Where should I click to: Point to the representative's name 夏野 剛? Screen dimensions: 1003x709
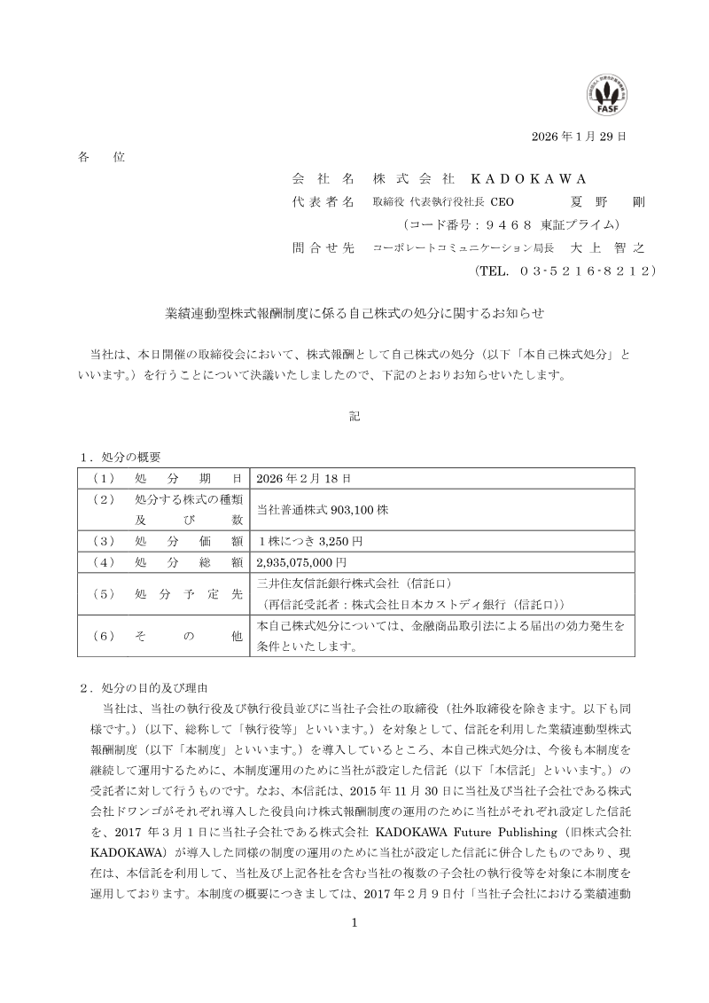609,200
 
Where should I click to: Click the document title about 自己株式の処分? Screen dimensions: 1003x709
354,313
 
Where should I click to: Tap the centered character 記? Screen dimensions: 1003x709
354,416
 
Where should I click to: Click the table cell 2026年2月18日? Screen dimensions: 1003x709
304,478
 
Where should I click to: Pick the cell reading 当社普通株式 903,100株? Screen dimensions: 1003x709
323,510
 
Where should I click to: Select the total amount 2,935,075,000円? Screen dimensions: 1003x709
302,562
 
